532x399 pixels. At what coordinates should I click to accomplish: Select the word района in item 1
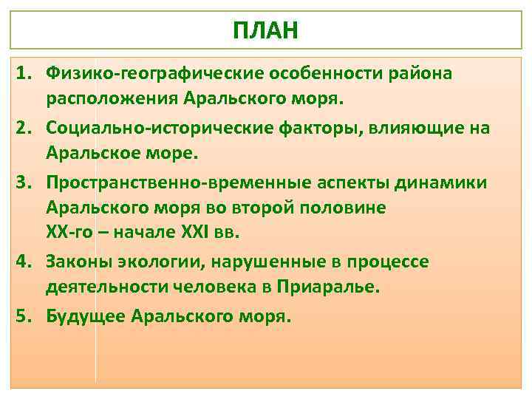[420, 74]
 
